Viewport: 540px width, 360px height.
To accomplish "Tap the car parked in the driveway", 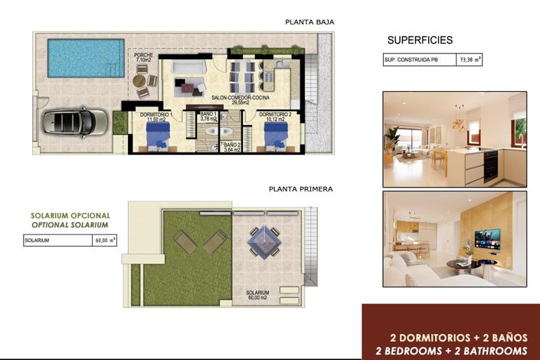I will (x=75, y=121).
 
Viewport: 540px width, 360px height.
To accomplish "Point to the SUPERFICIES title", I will (x=420, y=40).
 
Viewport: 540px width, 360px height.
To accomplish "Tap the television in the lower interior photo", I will (x=487, y=238).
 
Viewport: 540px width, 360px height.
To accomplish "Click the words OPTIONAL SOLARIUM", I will (x=70, y=227).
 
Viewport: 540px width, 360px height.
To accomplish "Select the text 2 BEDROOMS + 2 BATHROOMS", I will (x=450, y=350).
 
